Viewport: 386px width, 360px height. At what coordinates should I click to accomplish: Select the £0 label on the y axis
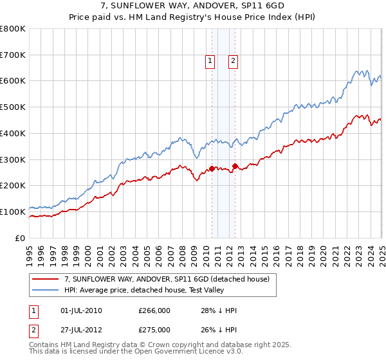click(x=20, y=238)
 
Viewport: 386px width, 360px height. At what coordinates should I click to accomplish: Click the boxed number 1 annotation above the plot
click(x=210, y=61)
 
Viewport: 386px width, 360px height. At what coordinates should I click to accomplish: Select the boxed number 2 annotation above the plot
click(x=232, y=61)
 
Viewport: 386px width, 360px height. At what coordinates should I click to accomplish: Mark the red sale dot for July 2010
click(x=212, y=168)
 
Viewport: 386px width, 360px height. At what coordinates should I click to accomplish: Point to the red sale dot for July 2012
click(x=235, y=166)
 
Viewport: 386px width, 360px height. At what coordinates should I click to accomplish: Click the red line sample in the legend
click(x=46, y=279)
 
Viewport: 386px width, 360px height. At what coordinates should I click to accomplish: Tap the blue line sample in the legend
click(x=46, y=290)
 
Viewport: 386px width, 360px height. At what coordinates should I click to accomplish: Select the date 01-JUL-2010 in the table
click(x=80, y=310)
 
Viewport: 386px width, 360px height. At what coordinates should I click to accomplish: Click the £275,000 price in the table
click(x=155, y=329)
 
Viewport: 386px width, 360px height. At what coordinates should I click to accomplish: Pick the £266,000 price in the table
click(x=155, y=310)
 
